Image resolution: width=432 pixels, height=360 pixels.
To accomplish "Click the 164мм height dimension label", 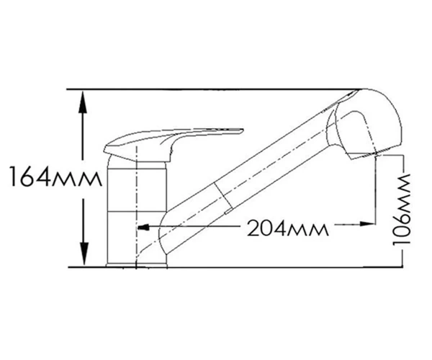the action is pyautogui.click(x=55, y=176).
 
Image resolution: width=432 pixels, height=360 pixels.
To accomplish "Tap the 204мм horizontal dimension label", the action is pyautogui.click(x=287, y=229).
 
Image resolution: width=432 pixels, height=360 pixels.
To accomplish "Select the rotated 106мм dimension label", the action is pyautogui.click(x=402, y=209).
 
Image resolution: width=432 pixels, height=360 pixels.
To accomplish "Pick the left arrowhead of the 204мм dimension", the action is pyautogui.click(x=143, y=228).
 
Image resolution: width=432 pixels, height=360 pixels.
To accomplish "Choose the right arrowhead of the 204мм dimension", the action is pyautogui.click(x=367, y=224).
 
